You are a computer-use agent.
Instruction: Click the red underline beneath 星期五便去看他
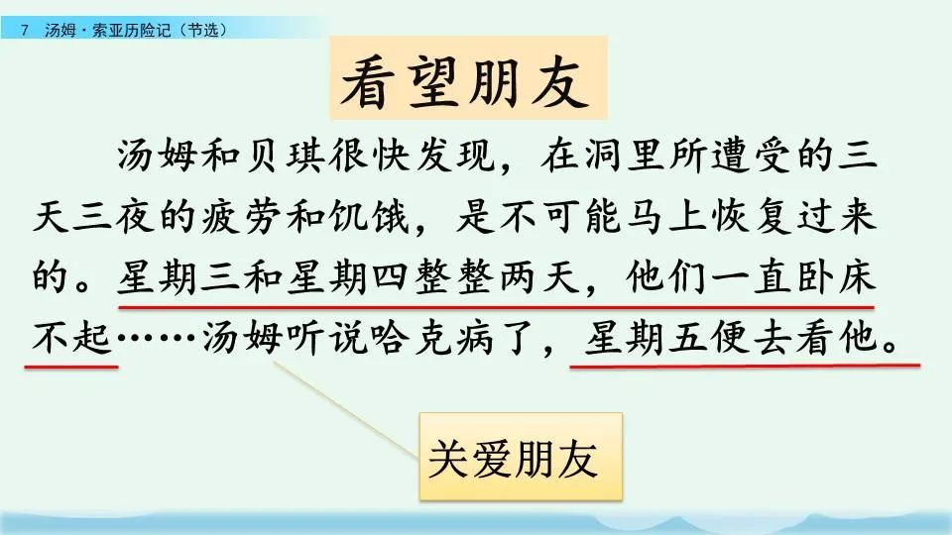pos(744,364)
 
